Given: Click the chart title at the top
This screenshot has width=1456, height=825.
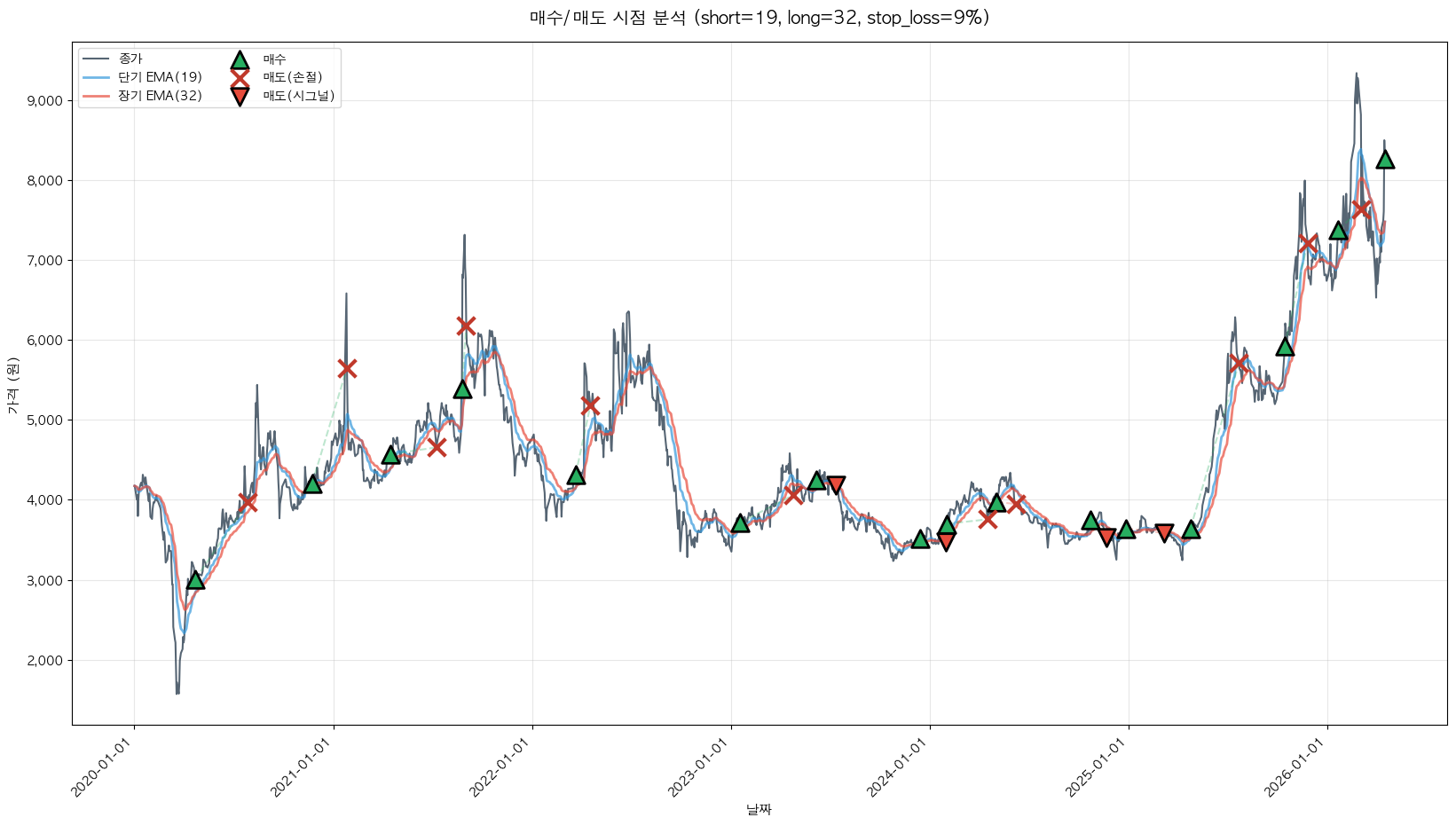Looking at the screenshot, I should tap(759, 18).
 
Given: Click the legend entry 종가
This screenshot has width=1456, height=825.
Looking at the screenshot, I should tap(130, 59).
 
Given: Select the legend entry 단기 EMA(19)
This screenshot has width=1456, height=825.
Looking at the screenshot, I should tap(160, 77).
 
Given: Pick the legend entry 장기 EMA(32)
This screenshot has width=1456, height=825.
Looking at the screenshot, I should tap(160, 96).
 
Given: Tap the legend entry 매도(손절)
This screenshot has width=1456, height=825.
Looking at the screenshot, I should tap(292, 77).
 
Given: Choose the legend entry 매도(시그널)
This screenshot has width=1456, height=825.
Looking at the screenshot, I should tap(298, 96).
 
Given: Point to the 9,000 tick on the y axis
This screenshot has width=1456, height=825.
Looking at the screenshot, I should tap(45, 101).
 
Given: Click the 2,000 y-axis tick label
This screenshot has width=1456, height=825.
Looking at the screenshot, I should tap(45, 661).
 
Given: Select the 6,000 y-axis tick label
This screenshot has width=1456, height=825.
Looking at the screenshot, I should tap(45, 341).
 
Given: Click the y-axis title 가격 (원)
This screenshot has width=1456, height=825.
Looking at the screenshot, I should tap(12, 385).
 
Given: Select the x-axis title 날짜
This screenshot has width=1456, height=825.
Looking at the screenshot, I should tap(759, 809).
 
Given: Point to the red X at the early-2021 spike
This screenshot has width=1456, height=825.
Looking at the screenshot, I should tap(347, 368).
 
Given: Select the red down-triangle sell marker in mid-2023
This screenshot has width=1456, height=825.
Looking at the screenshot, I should tap(836, 484).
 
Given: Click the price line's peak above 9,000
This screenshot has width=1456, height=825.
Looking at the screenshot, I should tap(1356, 75).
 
